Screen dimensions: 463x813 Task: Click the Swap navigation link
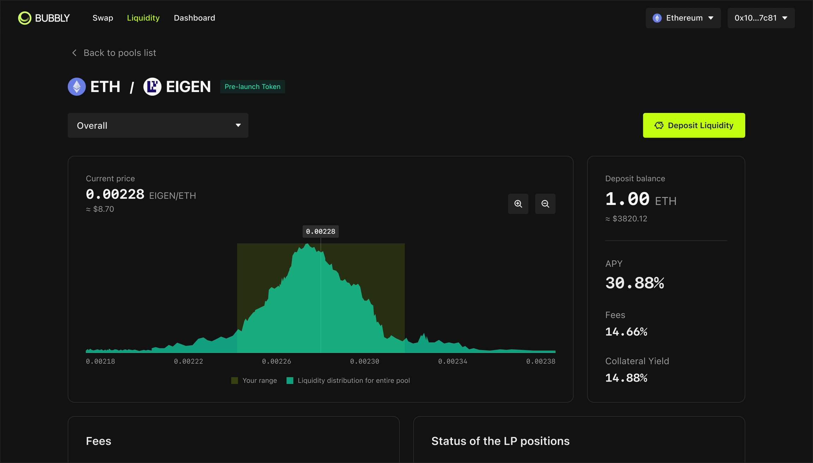(x=103, y=18)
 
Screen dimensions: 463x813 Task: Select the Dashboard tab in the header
(x=194, y=18)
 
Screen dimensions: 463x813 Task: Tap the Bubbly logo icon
(x=25, y=18)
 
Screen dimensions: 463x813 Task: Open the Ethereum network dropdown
(x=683, y=18)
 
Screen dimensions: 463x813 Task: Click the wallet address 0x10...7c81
(x=761, y=18)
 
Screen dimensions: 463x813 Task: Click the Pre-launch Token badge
(x=252, y=87)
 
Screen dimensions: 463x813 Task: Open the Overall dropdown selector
(x=158, y=125)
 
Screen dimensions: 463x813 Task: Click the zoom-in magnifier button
(x=518, y=204)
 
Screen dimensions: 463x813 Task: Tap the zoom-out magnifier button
(x=545, y=204)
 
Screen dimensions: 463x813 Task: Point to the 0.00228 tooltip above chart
(x=320, y=231)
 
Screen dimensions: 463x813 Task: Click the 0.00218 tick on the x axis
(x=100, y=361)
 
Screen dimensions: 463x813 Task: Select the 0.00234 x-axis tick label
(x=452, y=361)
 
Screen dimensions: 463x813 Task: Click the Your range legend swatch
(x=235, y=380)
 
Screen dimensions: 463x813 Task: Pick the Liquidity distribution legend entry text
(x=354, y=380)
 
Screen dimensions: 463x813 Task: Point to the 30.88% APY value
(x=634, y=283)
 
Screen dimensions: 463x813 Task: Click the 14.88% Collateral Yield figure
(x=626, y=378)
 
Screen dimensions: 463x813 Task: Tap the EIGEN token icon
(x=152, y=87)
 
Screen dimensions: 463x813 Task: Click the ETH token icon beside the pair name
(x=77, y=87)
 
